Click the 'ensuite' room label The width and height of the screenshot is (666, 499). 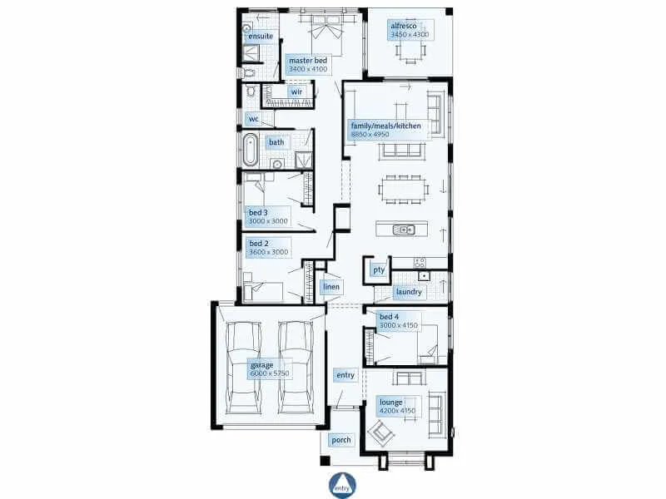261,36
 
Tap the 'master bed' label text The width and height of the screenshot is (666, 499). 308,61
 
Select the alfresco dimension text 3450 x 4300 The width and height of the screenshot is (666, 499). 410,34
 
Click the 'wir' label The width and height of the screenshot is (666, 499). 296,91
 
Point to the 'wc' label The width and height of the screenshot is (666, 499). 254,119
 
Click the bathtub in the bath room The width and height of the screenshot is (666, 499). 251,150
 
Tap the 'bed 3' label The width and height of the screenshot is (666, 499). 258,213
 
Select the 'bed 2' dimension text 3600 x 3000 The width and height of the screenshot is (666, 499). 268,252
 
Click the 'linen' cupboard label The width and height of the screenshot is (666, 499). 331,287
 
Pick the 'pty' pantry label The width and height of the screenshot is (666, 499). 379,269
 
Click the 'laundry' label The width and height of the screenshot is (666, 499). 409,292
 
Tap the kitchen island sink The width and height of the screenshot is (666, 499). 404,230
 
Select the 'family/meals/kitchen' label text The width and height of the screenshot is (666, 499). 386,126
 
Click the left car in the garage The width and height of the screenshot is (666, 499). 244,368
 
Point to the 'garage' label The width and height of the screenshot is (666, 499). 261,365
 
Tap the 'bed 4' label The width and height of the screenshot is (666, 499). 389,317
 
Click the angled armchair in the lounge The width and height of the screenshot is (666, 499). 380,433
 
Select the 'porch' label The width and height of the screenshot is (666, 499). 341,440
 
